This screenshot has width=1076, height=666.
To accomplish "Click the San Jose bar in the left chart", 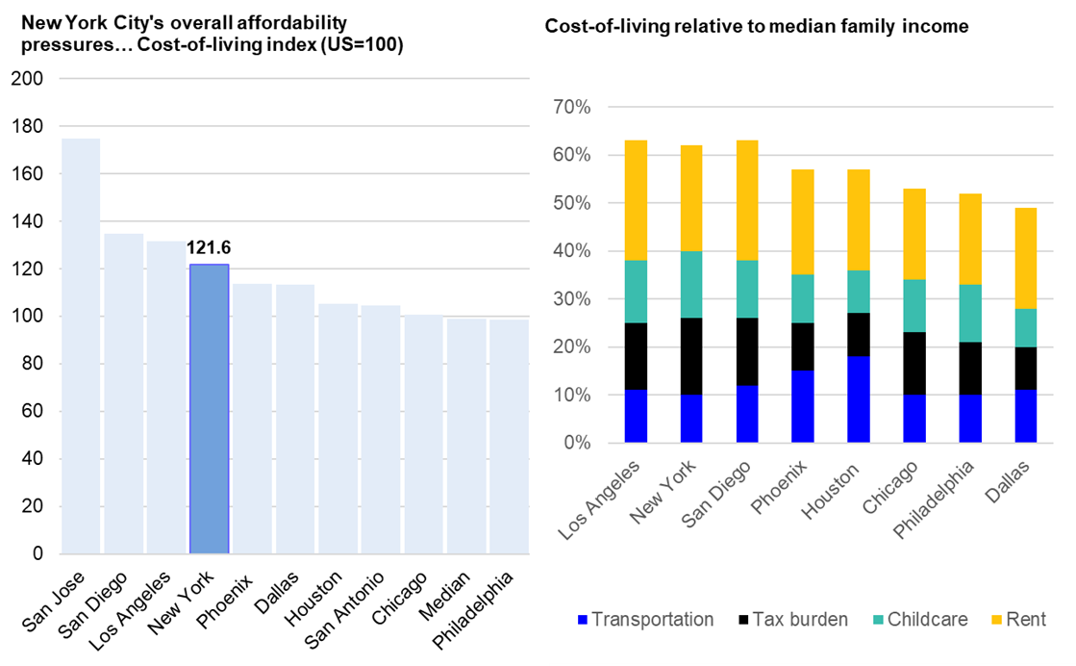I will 81,346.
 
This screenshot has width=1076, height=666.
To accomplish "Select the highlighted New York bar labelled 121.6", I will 209,409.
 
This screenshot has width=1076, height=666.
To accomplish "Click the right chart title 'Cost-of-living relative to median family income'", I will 756,27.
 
